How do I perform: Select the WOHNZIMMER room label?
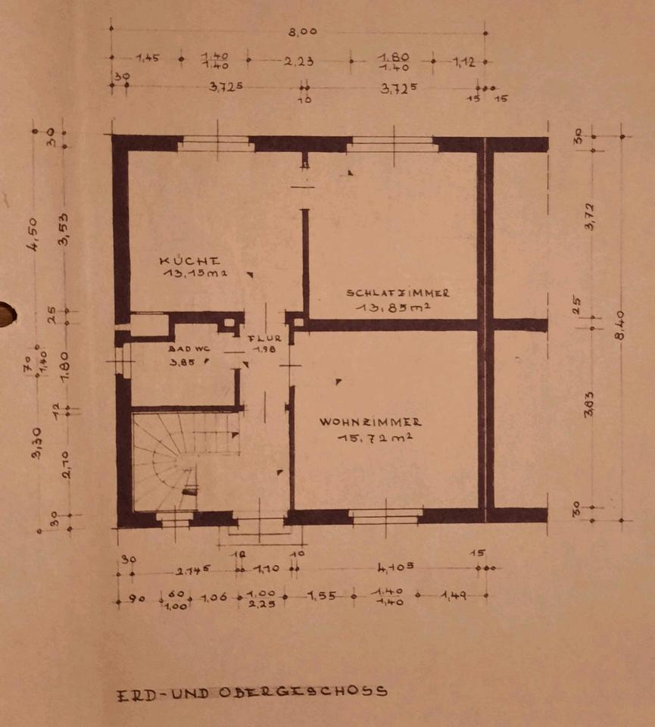point(370,422)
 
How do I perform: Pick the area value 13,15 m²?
point(195,273)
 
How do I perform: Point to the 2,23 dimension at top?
point(299,61)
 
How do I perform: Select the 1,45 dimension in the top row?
point(147,58)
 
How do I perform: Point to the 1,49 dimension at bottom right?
point(454,597)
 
